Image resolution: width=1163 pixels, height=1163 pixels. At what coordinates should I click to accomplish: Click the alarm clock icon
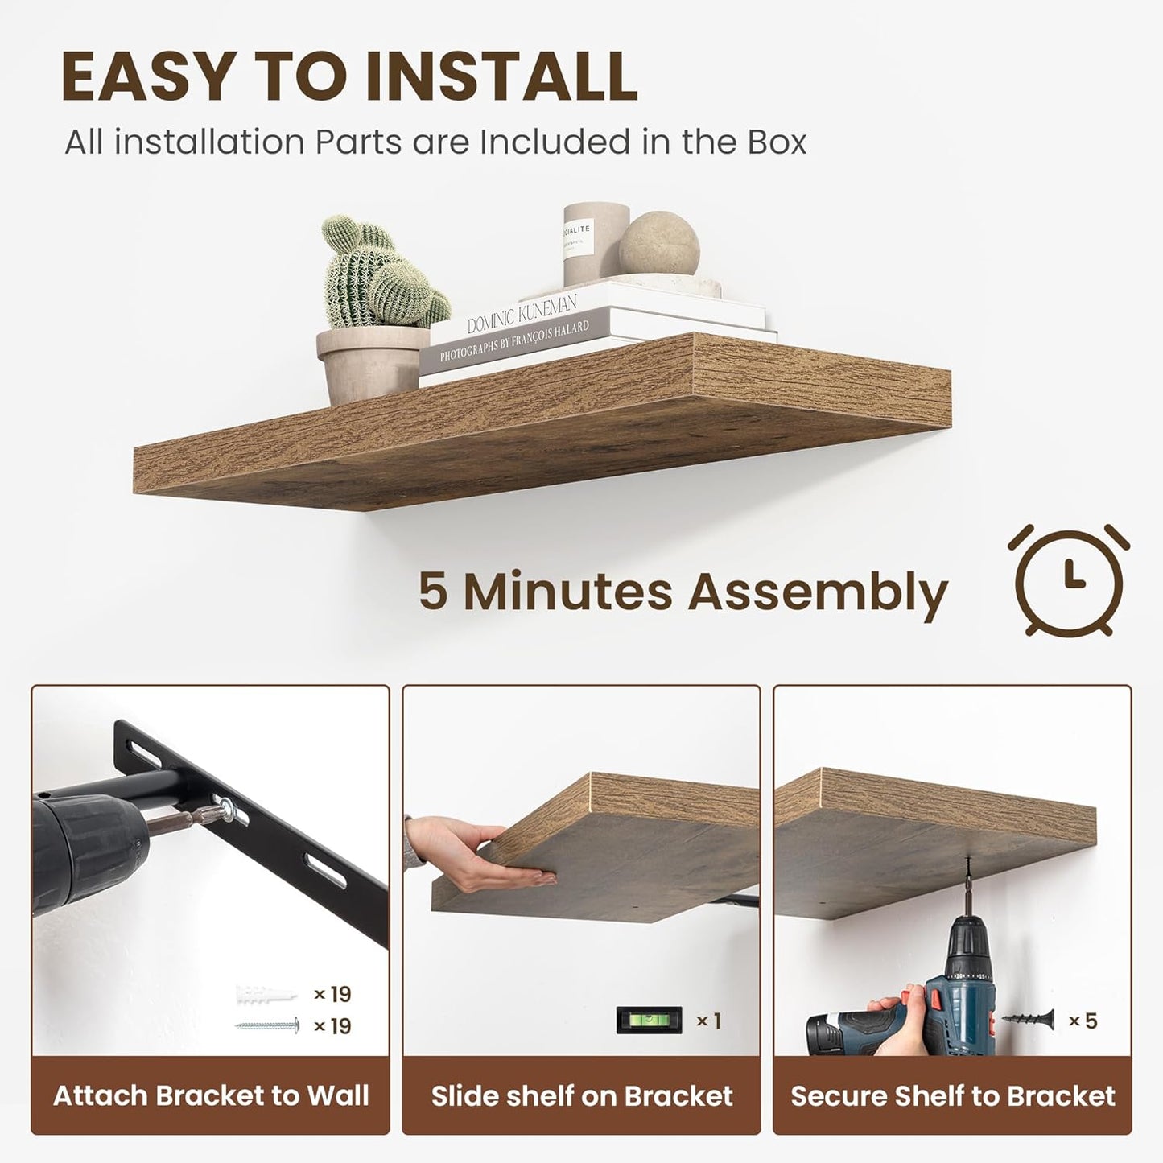(x=1068, y=579)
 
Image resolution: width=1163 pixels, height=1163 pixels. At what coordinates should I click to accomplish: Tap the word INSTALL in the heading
(x=501, y=77)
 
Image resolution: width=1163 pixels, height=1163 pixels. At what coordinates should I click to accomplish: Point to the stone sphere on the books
(x=658, y=242)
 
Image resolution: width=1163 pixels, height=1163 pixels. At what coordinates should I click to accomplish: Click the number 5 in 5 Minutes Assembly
(x=432, y=592)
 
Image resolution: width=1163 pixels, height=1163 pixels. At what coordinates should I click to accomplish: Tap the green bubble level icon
(x=649, y=1021)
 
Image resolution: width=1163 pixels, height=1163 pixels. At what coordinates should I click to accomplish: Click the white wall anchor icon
(x=266, y=995)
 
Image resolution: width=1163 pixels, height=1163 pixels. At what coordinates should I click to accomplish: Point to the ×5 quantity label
(x=1083, y=1021)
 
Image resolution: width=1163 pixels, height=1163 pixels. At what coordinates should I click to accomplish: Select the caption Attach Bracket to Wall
(x=211, y=1095)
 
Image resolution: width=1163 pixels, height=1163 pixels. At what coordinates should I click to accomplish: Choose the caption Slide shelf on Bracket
(x=581, y=1095)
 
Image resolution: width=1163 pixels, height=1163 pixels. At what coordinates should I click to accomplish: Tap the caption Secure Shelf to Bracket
(x=952, y=1095)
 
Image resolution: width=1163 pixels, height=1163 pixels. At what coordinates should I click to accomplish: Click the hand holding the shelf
(x=475, y=853)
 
